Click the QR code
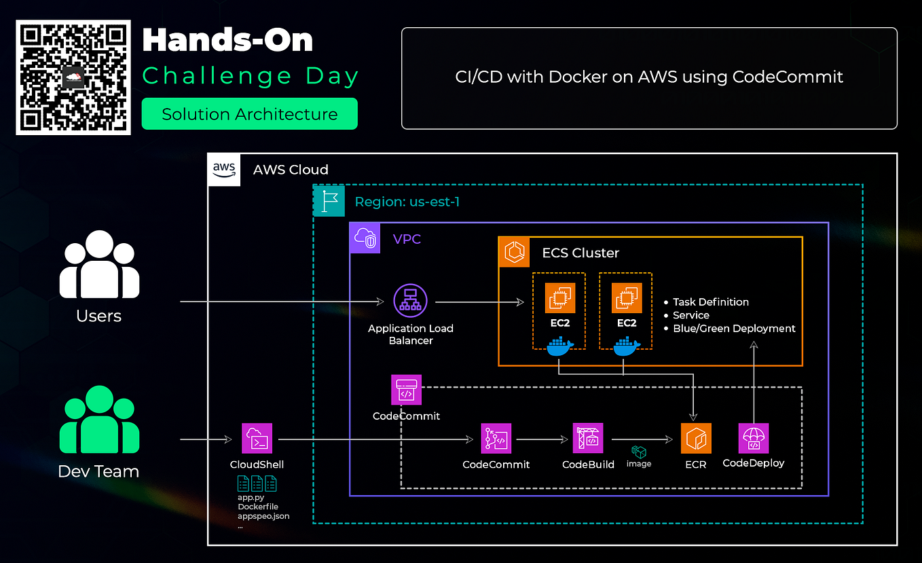73,77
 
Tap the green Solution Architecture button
249,114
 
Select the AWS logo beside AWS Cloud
224,169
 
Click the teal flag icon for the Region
329,201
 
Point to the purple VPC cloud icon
365,238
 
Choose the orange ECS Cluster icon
514,253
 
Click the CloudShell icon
257,439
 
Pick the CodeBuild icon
588,439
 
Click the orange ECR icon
695,439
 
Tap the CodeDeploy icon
753,439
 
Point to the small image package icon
638,452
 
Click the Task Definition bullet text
711,302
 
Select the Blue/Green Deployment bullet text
734,328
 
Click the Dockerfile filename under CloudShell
258,507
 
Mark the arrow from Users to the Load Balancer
278,301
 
